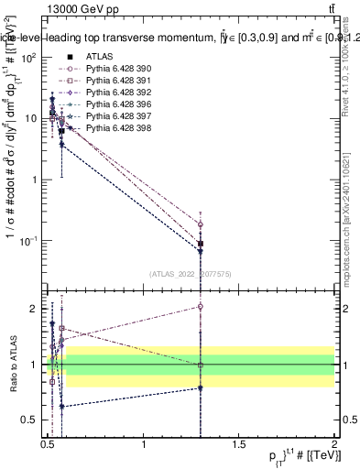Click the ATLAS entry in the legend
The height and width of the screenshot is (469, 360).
pos(98,57)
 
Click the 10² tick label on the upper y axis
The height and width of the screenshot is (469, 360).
pos(29,57)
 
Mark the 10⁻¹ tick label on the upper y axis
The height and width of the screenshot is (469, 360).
pos(29,241)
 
